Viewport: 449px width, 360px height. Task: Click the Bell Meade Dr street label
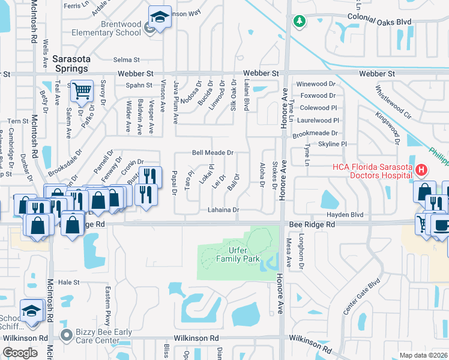point(212,153)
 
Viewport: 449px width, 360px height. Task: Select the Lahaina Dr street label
point(223,210)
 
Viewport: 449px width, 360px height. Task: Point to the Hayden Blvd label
point(345,214)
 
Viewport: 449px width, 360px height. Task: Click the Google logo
point(19,353)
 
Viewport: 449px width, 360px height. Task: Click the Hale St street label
point(68,281)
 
